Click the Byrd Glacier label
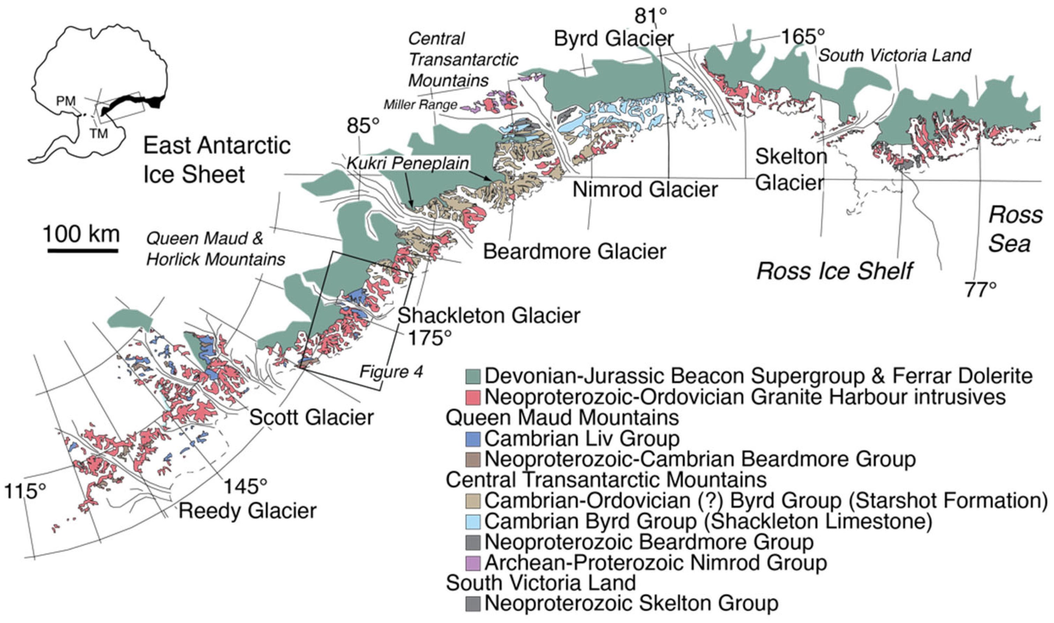pos(613,39)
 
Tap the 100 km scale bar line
pos(83,251)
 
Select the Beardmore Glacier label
pos(574,252)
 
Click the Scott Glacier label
pos(311,417)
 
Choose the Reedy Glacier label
pos(247,511)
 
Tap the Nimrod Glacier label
pos(645,190)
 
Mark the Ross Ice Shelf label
pos(834,271)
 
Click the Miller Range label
pos(420,105)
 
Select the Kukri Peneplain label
pos(408,163)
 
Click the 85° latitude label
pos(363,125)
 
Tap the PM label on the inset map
pos(66,101)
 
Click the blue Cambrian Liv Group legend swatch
pos(473,439)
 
